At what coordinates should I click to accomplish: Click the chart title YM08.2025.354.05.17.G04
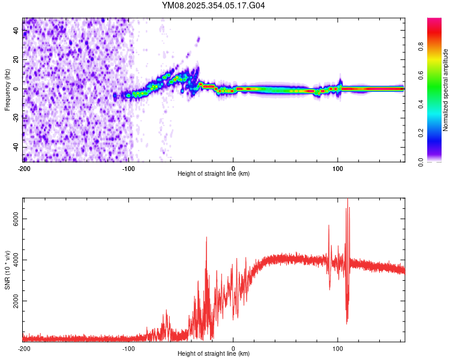pyautogui.click(x=214, y=5)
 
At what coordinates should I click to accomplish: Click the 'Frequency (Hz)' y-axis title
pyautogui.click(x=7, y=90)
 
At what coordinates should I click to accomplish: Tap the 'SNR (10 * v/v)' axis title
pyautogui.click(x=7, y=270)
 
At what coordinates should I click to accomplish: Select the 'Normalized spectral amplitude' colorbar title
pyautogui.click(x=446, y=90)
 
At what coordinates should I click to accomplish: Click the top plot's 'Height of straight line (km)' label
pyautogui.click(x=214, y=173)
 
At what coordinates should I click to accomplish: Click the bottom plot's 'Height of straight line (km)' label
pyautogui.click(x=214, y=353)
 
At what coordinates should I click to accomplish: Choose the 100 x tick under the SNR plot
pyautogui.click(x=338, y=349)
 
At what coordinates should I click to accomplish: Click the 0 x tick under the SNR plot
pyautogui.click(x=233, y=349)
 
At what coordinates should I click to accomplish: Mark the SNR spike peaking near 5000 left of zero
pyautogui.click(x=206, y=238)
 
